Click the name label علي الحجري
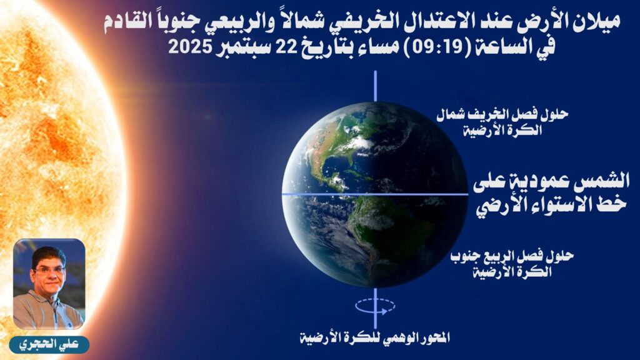pos(49,345)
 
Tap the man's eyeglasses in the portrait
pos(49,270)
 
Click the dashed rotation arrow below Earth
pos(375,305)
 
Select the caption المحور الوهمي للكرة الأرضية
pos(375,337)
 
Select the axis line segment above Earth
pos(376,86)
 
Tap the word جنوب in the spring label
pos(464,257)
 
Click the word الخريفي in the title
pos(363,22)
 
